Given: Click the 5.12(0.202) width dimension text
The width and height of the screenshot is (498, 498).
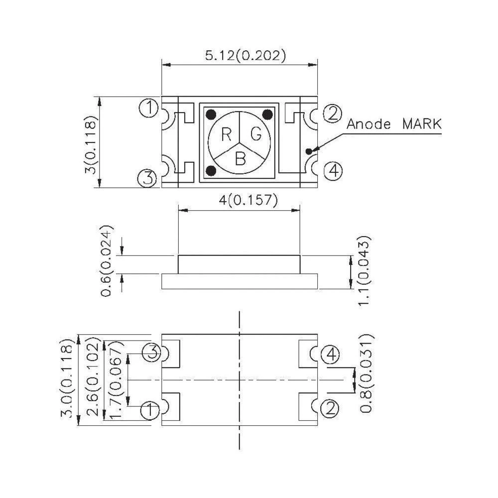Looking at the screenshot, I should coord(246,55).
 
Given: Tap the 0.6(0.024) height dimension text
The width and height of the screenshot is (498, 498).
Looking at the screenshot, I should coord(108,260).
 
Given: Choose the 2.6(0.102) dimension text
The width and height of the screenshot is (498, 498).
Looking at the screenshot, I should coord(92,379).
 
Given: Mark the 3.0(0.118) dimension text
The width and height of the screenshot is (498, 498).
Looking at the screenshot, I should coord(68,380).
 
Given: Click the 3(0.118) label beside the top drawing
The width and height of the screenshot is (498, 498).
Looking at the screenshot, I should coord(90,142).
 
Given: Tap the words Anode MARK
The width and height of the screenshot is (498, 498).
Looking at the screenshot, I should coord(393,124).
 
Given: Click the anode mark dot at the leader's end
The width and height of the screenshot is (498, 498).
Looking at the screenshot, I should coord(309,150).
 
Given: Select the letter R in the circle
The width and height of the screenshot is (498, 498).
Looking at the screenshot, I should coord(227,134).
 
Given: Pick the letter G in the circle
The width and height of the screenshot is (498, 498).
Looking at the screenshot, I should coord(255,134).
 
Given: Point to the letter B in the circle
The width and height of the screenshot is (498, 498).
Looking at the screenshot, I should coord(241,159).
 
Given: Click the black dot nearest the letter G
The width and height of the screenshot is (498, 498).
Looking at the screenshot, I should coord(267,115).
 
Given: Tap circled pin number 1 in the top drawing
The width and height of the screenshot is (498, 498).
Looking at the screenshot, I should coord(148,108).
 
